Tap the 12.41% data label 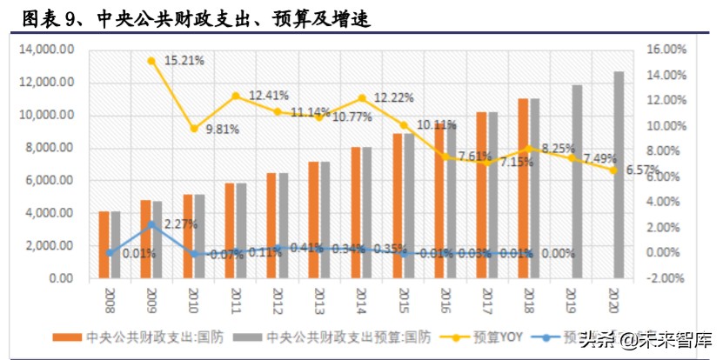267,95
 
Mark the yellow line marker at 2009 151,61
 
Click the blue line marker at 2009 151,224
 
